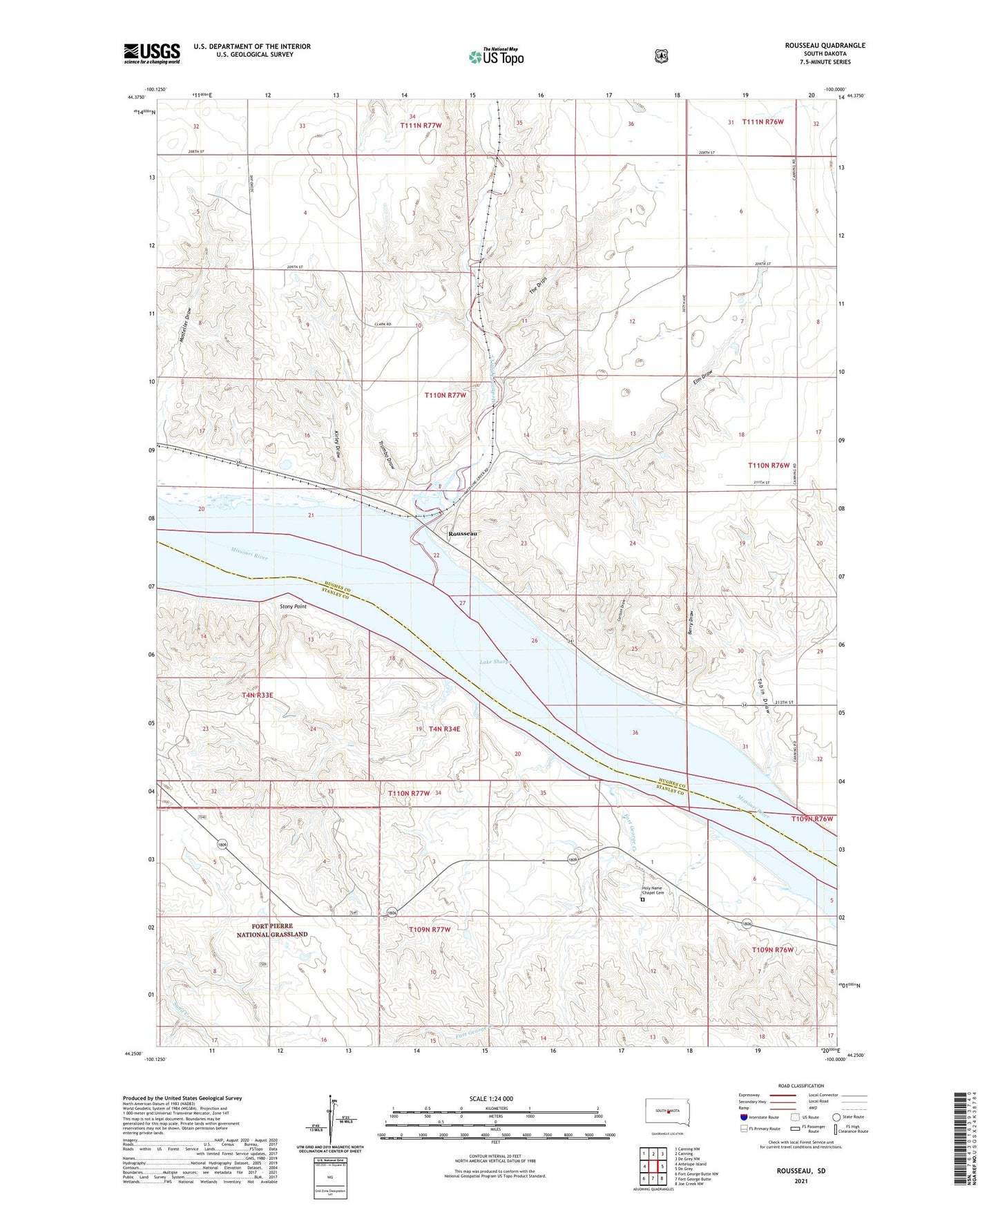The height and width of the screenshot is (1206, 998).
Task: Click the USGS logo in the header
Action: (152, 53)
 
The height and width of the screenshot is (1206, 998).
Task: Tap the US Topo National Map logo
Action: (496, 56)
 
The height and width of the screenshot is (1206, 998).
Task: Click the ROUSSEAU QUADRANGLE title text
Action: (825, 46)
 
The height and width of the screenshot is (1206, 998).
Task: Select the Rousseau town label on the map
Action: (462, 534)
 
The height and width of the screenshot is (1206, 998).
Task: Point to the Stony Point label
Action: (293, 606)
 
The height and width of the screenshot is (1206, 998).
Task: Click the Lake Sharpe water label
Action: (495, 662)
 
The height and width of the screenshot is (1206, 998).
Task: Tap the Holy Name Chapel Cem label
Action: (653, 890)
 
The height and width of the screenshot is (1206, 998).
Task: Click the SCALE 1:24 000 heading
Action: (491, 1098)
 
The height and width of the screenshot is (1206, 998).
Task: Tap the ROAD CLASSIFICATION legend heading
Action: (800, 1086)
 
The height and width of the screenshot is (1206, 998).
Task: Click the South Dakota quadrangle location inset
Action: (666, 1112)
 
